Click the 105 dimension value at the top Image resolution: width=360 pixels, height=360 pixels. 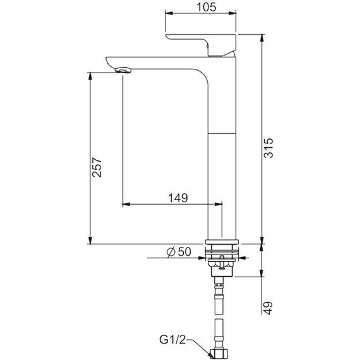(207, 7)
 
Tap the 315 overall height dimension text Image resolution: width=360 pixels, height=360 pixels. (268, 148)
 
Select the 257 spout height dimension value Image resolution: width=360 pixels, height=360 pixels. (97, 167)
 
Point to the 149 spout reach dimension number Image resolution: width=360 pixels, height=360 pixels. (178, 198)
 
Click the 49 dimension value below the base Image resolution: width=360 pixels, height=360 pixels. (268, 308)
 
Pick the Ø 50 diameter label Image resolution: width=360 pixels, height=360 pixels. (179, 251)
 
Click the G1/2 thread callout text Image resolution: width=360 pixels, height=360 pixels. (172, 340)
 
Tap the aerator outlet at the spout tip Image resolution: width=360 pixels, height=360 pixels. (123, 69)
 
